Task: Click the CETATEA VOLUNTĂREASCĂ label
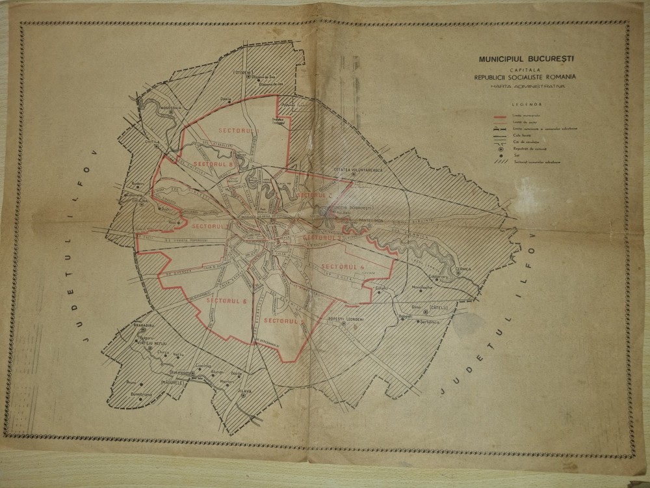click(359, 169)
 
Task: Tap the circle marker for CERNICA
click(458, 274)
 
